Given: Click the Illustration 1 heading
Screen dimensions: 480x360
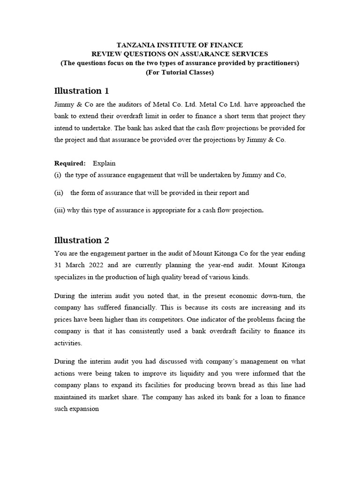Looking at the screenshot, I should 82,90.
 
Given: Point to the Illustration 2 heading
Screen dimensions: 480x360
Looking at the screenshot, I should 82,240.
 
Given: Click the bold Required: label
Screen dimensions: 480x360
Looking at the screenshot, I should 70,163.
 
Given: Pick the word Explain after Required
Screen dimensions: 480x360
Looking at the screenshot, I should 104,163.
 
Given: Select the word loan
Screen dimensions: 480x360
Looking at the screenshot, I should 252,397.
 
